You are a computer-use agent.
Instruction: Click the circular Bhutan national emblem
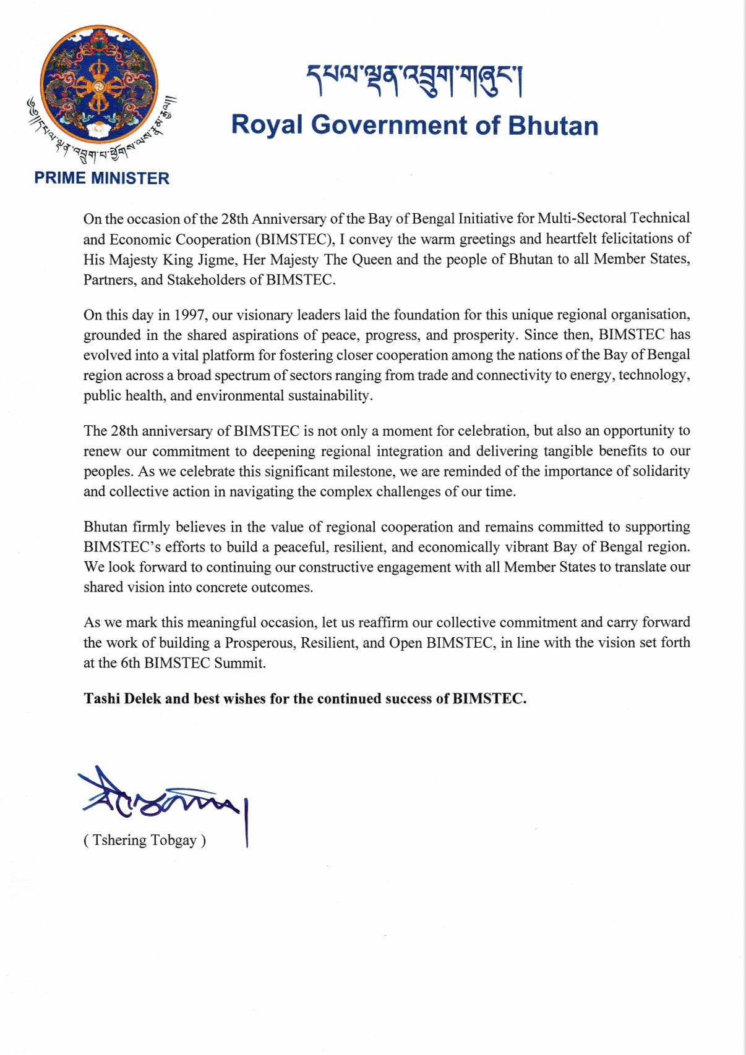point(99,85)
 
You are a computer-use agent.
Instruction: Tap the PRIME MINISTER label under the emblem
point(102,178)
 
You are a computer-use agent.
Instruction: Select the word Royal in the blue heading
point(267,125)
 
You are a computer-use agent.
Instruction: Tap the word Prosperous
point(260,643)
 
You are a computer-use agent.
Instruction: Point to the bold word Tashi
point(101,699)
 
